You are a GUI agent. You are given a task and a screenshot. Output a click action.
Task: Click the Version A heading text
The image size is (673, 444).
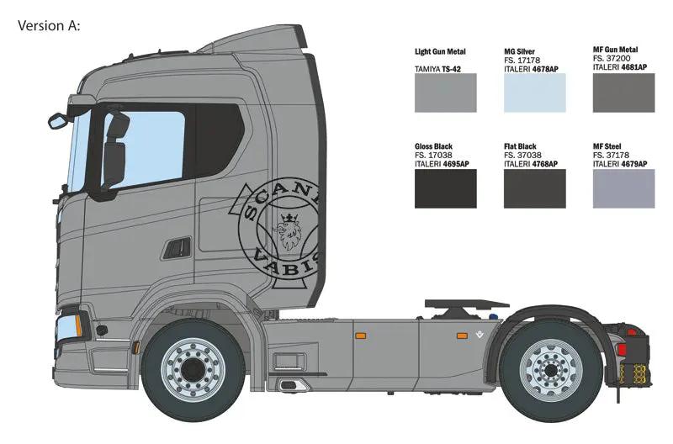coord(49,25)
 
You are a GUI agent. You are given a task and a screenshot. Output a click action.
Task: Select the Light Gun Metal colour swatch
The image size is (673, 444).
coord(446,92)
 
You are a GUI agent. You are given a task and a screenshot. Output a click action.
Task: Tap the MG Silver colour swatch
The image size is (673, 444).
coord(534,92)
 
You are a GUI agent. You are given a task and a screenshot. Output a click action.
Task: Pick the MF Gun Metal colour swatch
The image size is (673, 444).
coord(623,92)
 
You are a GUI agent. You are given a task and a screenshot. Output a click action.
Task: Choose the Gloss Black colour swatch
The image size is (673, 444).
coord(446,188)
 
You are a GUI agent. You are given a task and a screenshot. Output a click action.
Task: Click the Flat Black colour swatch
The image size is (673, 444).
coord(534,188)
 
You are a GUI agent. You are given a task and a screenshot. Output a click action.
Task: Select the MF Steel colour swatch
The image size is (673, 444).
coord(623,188)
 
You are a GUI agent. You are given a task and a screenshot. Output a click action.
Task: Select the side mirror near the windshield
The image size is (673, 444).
coord(114,151)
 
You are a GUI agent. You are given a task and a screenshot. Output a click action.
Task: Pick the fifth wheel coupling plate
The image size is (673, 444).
coord(466,304)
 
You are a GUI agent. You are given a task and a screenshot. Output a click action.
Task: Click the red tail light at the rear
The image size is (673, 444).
coord(622,351)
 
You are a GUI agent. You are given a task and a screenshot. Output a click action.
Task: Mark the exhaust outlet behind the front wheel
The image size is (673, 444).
coord(291,385)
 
